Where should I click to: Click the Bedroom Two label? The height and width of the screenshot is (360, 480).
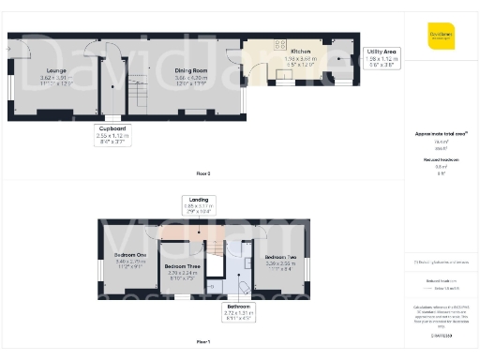point(280,257)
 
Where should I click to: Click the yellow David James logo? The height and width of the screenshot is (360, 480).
point(441,38)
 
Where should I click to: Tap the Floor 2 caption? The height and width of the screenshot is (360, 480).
point(203,174)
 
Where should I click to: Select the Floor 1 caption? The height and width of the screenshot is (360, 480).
point(203,344)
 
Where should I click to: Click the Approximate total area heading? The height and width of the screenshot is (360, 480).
point(441,134)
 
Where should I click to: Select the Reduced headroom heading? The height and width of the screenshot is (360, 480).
point(441,160)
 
